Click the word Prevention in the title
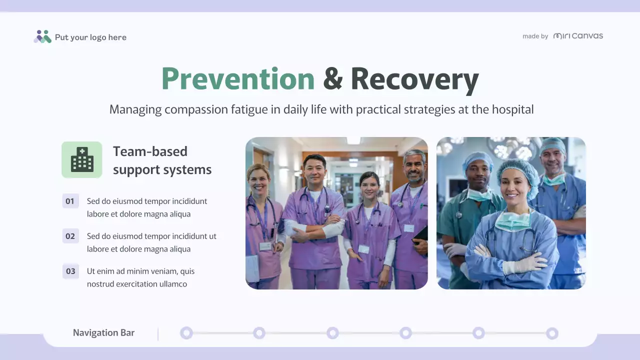pos(238,79)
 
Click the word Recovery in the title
pos(414,79)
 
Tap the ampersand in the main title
pos(332,79)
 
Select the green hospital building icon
pos(82,160)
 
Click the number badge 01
pos(70,201)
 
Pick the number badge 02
pos(70,236)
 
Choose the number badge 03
pos(70,271)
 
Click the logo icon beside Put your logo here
pos(42,36)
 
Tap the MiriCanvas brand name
pos(578,36)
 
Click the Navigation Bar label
pos(103,333)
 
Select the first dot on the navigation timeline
pos(186,333)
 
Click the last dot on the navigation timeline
pos(552,333)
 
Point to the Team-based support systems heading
pos(162,160)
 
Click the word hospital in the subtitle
pos(512,109)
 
